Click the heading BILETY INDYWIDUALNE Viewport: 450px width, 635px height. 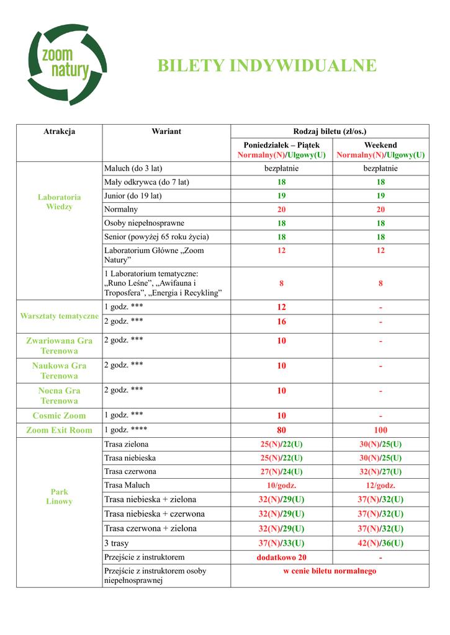click(x=267, y=66)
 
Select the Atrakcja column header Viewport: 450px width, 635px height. click(x=59, y=131)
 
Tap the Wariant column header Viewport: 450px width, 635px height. click(x=166, y=131)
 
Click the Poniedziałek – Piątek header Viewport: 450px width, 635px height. click(x=281, y=145)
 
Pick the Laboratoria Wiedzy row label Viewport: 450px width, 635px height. click(x=59, y=202)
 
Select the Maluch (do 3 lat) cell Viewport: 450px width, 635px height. click(x=133, y=169)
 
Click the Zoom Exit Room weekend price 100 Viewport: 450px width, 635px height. click(x=380, y=430)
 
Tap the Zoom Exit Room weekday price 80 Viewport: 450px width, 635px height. click(x=281, y=430)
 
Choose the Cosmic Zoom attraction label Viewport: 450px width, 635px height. click(x=59, y=415)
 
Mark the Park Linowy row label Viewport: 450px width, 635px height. click(x=59, y=496)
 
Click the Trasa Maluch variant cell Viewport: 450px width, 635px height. click(x=127, y=485)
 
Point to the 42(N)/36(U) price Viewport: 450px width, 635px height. click(x=380, y=543)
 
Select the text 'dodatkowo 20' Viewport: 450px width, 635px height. click(x=281, y=557)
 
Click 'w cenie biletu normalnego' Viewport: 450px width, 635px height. click(x=330, y=571)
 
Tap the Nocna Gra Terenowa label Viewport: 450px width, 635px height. click(x=59, y=396)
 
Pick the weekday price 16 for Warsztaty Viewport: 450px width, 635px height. click(x=281, y=322)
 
